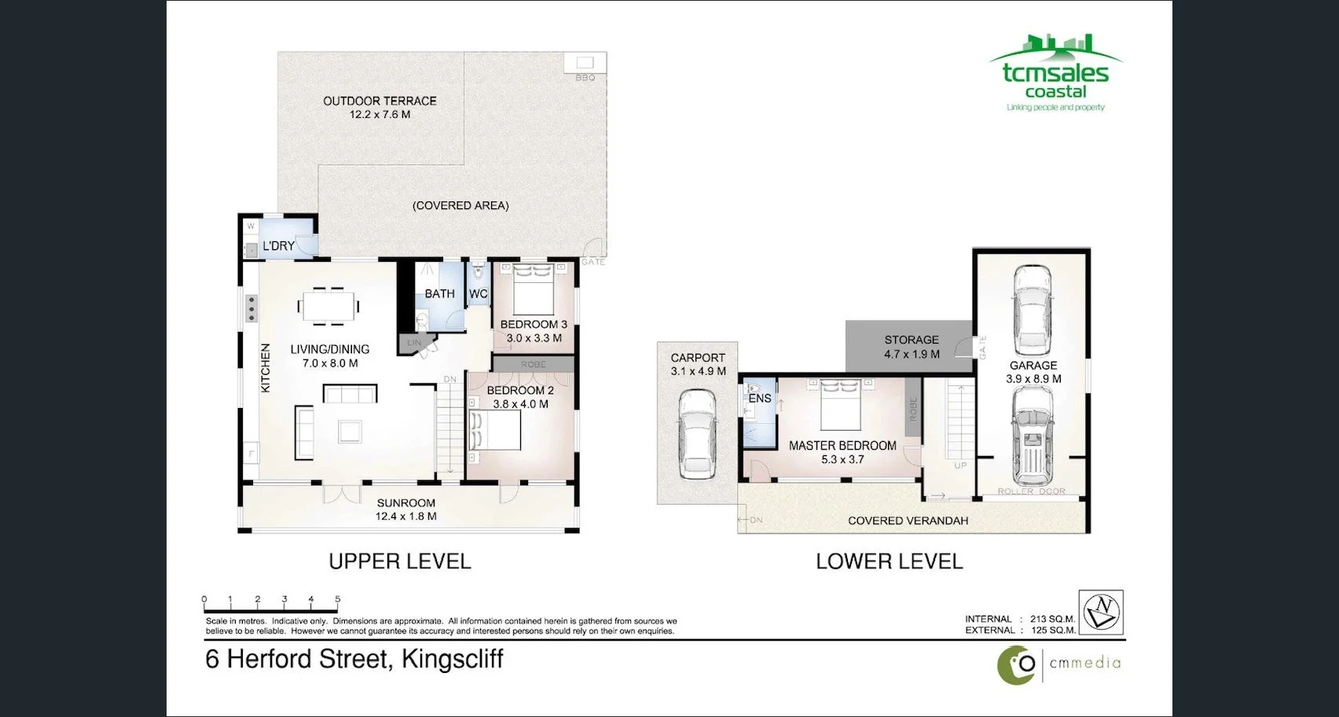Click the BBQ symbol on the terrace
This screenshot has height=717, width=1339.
(x=585, y=63)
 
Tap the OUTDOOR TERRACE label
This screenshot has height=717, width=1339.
(x=380, y=101)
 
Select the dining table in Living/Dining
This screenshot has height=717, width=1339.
(x=328, y=306)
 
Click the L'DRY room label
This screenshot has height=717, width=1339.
(x=278, y=246)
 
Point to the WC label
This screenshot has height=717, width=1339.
(x=478, y=294)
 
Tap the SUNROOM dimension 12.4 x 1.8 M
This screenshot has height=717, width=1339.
(x=405, y=517)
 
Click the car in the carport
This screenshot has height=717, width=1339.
(x=696, y=435)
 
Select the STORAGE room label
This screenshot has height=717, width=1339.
(x=911, y=340)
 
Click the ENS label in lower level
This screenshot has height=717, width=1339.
(x=759, y=399)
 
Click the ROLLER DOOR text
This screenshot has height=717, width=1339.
(x=1031, y=491)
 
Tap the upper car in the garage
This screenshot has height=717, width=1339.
(x=1032, y=310)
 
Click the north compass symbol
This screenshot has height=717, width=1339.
(x=1101, y=612)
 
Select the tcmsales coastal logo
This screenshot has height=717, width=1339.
(x=1055, y=74)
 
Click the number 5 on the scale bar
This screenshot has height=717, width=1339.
(x=338, y=599)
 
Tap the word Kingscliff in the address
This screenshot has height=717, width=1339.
(x=452, y=659)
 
